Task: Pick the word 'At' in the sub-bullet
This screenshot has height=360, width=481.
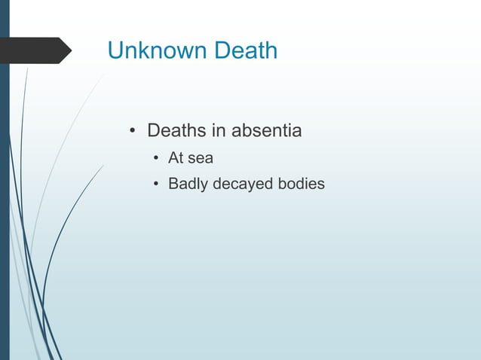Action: tap(176, 158)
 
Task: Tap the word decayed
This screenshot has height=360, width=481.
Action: tap(244, 183)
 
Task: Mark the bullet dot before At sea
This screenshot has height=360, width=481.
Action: tap(155, 159)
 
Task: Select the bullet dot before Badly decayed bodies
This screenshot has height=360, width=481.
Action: tap(155, 184)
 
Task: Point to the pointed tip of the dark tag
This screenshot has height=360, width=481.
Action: tap(70, 50)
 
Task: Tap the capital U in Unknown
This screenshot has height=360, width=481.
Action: tap(115, 50)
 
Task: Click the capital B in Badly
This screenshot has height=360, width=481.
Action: tap(173, 183)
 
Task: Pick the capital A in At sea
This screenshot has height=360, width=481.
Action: tap(173, 158)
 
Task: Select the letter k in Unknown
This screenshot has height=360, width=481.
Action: tap(139, 50)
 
